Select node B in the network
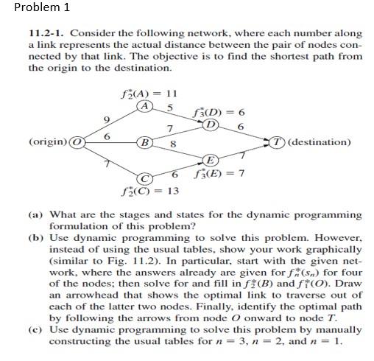[146, 142]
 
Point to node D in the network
[211, 124]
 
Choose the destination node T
[274, 141]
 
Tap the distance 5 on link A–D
[170, 108]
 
